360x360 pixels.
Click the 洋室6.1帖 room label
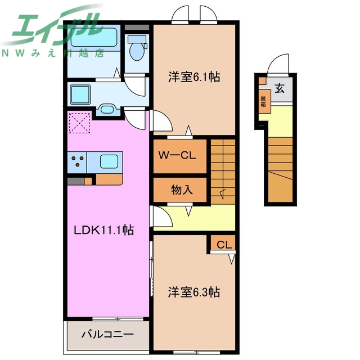pyautogui.click(x=194, y=78)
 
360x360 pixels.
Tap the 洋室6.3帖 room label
pyautogui.click(x=194, y=292)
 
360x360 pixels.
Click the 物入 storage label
pyautogui.click(x=181, y=190)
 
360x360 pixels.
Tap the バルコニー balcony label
pyautogui.click(x=107, y=334)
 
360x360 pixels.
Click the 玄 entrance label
pyautogui.click(x=280, y=88)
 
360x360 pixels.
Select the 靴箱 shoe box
pyautogui.click(x=263, y=101)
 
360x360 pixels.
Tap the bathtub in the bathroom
pyautogui.click(x=93, y=40)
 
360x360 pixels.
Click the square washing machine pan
pyautogui.click(x=80, y=94)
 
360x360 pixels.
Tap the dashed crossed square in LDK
pyautogui.click(x=79, y=123)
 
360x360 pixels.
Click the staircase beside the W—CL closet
pyautogui.click(x=222, y=169)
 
